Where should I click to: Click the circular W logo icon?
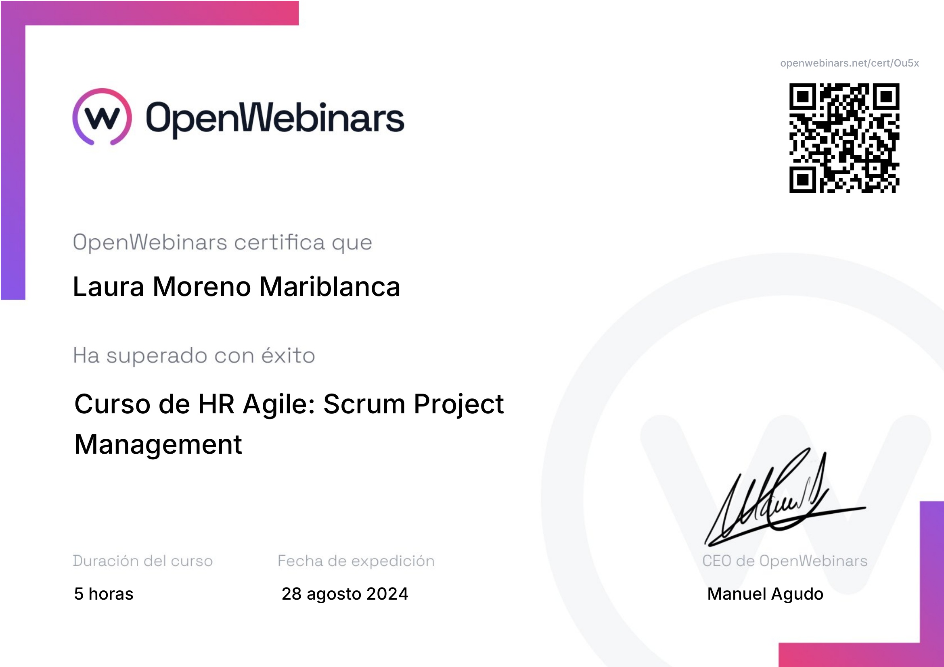pyautogui.click(x=102, y=117)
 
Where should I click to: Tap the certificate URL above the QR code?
pyautogui.click(x=850, y=63)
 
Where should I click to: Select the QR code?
pyautogui.click(x=844, y=138)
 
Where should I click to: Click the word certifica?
pyautogui.click(x=279, y=242)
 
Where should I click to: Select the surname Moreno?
pyautogui.click(x=202, y=286)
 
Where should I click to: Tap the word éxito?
pyautogui.click(x=288, y=355)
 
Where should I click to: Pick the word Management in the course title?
pyautogui.click(x=158, y=444)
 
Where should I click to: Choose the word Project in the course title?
pyautogui.click(x=458, y=404)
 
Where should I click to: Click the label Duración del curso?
pyautogui.click(x=142, y=561)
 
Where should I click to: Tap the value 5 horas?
pyautogui.click(x=104, y=594)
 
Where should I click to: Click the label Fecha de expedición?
pyautogui.click(x=356, y=561)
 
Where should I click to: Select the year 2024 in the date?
pyautogui.click(x=387, y=594)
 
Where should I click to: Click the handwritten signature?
pyautogui.click(x=785, y=497)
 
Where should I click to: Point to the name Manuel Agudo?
pyautogui.click(x=765, y=594)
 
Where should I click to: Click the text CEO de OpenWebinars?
pyautogui.click(x=785, y=561)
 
